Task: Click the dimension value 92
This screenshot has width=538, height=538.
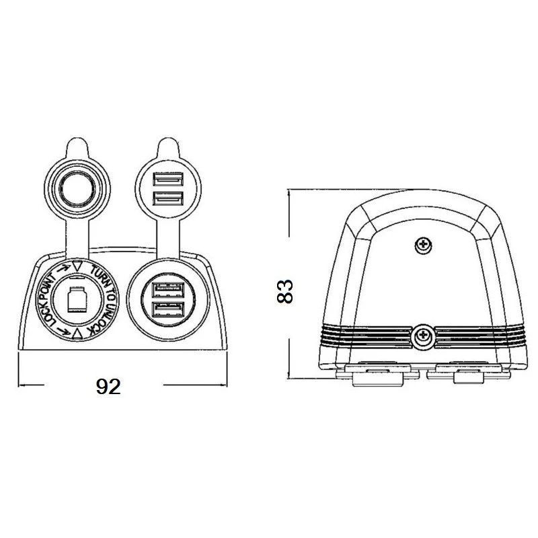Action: [108, 387]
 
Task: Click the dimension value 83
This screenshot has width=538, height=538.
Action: [284, 291]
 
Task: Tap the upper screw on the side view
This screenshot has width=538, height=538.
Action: [424, 245]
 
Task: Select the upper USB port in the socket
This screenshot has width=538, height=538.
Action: [167, 290]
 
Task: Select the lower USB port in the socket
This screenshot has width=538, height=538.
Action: [167, 309]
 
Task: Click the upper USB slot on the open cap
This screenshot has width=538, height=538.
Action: [167, 179]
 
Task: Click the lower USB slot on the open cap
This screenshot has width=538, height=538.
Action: [167, 198]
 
